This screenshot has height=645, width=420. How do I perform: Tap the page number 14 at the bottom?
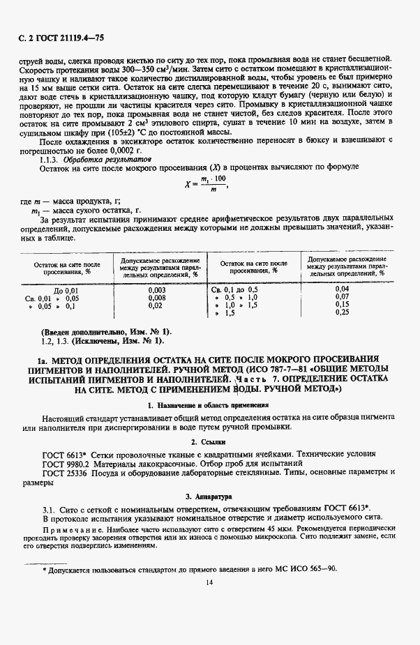(209, 582)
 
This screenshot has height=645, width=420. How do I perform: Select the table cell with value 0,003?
(157, 289)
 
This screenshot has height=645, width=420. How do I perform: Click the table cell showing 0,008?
(157, 297)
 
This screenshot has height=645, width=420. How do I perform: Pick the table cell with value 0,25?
(342, 312)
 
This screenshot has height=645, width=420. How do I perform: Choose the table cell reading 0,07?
(342, 297)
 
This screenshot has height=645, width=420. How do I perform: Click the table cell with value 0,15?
(342, 305)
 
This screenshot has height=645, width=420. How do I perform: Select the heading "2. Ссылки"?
(209, 442)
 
